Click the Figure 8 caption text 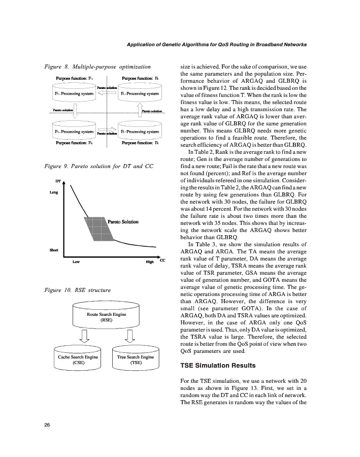point(97,67)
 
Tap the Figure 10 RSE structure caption point(77,290)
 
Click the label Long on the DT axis point(54,192)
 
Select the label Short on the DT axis point(53,250)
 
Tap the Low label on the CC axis point(76,262)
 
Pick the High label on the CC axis point(150,262)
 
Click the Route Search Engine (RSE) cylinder point(107,316)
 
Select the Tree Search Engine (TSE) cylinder point(136,358)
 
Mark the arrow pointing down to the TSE point(129,336)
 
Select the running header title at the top point(216,45)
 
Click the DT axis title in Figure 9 point(58,180)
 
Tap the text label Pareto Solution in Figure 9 point(123,221)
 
